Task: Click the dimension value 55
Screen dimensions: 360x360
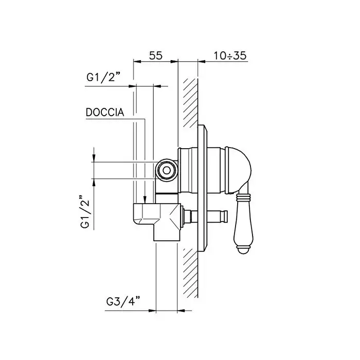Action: pyautogui.click(x=156, y=56)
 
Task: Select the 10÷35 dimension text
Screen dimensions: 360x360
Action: pyautogui.click(x=230, y=56)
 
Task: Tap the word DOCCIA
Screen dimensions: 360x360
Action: pyautogui.click(x=105, y=112)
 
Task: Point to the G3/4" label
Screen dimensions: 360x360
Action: pyautogui.click(x=123, y=302)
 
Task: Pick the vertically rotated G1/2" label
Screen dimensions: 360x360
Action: pyautogui.click(x=85, y=212)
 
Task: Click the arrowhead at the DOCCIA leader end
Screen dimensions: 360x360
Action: pyautogui.click(x=145, y=200)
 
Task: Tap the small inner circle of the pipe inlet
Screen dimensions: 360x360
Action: pyautogui.click(x=167, y=171)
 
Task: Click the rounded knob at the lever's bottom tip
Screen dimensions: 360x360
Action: pyautogui.click(x=244, y=249)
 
